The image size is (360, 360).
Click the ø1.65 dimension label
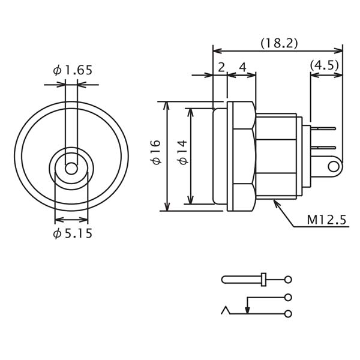[x=73, y=70]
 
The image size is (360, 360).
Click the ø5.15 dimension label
[x=73, y=233]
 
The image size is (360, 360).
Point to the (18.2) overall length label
[x=279, y=43]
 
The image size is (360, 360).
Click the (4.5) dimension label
[x=325, y=65]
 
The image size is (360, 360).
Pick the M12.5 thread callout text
[x=326, y=220]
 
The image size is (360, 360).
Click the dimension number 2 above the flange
[x=221, y=67]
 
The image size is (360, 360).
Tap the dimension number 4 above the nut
[x=242, y=67]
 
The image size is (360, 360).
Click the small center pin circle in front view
[x=71, y=169]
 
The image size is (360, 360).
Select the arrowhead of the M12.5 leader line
[x=276, y=203]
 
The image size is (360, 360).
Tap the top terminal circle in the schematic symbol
[x=288, y=280]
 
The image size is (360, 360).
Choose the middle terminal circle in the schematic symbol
[x=288, y=297]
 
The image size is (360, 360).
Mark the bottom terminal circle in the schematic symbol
[x=288, y=313]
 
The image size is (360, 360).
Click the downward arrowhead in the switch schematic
[x=247, y=309]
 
